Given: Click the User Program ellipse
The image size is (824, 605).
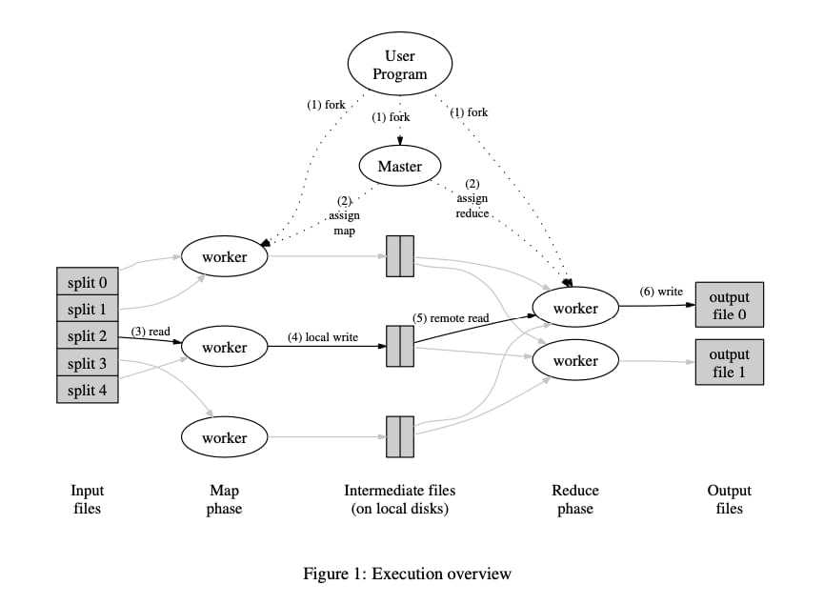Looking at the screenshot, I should coord(399,64).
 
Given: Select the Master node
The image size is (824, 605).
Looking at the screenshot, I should coord(399,166).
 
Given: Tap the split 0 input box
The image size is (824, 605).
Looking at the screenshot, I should coord(88,282).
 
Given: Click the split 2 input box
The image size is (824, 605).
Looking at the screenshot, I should coord(88,335).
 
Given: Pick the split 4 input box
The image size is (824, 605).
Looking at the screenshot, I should coord(88,390).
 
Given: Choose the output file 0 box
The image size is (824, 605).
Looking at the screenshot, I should coord(729,306).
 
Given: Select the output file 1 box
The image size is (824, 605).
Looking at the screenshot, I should coord(729,362).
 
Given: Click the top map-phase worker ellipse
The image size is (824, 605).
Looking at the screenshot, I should coord(224,256).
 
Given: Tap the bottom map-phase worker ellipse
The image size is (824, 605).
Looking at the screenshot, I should coord(224,437).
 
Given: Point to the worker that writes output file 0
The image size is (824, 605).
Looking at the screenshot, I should coord(575,308).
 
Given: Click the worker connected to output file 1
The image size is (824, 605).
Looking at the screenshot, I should coord(575,361).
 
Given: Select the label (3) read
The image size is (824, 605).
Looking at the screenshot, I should coord(150,332).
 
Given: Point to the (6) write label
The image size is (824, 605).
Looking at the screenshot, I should coord(660,292).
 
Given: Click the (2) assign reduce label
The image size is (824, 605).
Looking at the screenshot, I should coord(472,198).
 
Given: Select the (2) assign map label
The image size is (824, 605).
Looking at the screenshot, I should coord(344,216).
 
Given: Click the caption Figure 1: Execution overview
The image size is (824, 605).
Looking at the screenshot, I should coord(407,574).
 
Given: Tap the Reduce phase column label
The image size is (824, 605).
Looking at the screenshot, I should coord(575,499).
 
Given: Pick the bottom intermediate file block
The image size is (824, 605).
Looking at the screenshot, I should coord(399,437).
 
